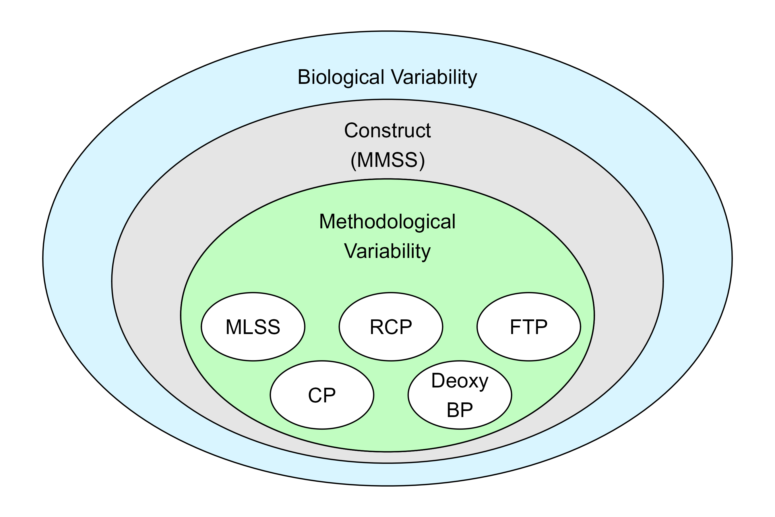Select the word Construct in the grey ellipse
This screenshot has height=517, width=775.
point(387,131)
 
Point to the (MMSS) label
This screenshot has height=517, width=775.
point(387,160)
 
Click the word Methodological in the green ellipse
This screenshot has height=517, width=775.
point(387,221)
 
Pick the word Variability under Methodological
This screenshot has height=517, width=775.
point(387,251)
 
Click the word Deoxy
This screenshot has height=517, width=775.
point(460,381)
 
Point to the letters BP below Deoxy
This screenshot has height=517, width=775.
point(460,410)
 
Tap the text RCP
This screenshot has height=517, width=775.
point(391,327)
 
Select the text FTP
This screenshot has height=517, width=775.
point(528,327)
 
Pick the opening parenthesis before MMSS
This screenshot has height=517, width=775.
point(354,161)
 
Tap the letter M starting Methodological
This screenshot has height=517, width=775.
point(327,221)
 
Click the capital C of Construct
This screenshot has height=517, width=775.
point(351,131)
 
